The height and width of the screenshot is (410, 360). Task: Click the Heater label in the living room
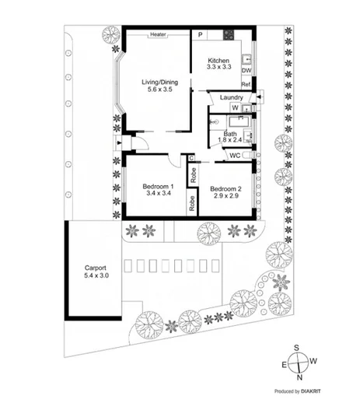tap(159, 35)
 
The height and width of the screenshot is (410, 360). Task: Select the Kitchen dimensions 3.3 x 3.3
tap(218, 68)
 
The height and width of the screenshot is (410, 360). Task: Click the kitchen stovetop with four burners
tap(229, 34)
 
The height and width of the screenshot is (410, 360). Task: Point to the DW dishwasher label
tap(246, 71)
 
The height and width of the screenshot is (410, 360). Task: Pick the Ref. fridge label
tap(246, 84)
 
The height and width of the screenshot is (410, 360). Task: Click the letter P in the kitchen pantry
tap(201, 35)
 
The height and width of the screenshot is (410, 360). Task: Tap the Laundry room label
tap(232, 97)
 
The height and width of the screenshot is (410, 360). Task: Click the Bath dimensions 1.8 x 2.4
tap(231, 142)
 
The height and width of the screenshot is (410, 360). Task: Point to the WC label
tap(234, 156)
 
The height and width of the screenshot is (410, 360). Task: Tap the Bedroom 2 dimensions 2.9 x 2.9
tap(224, 197)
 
